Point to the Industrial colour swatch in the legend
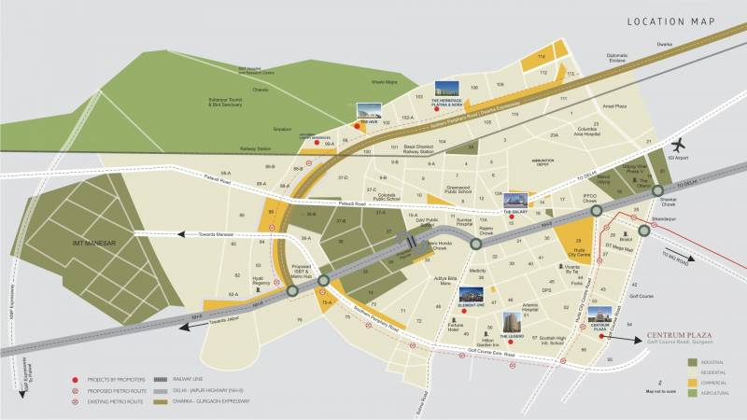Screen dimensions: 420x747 coord(692,360)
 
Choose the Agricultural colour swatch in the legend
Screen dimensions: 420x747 coord(692,393)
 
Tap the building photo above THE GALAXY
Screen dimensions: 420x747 coord(515,200)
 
